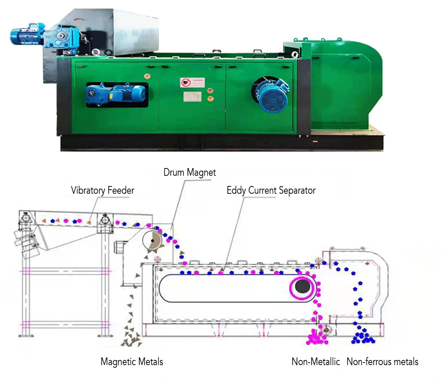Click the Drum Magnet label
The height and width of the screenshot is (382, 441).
[x=190, y=172]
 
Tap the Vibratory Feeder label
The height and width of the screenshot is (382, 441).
[x=103, y=190]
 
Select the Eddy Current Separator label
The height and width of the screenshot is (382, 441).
[x=271, y=190]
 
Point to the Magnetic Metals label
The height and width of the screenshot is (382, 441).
[x=132, y=362]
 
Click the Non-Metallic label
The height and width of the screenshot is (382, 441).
[x=316, y=362]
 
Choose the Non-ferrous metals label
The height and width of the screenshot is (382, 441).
[x=382, y=362]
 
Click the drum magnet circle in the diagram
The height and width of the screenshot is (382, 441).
[x=152, y=241]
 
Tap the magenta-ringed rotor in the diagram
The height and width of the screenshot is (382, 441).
[x=302, y=286]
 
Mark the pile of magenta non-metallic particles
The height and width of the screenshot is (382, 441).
[x=316, y=337]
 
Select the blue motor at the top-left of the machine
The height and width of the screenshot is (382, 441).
[x=28, y=34]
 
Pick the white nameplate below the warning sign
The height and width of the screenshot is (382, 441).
[x=193, y=97]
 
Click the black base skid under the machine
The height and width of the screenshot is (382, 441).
[x=220, y=143]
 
